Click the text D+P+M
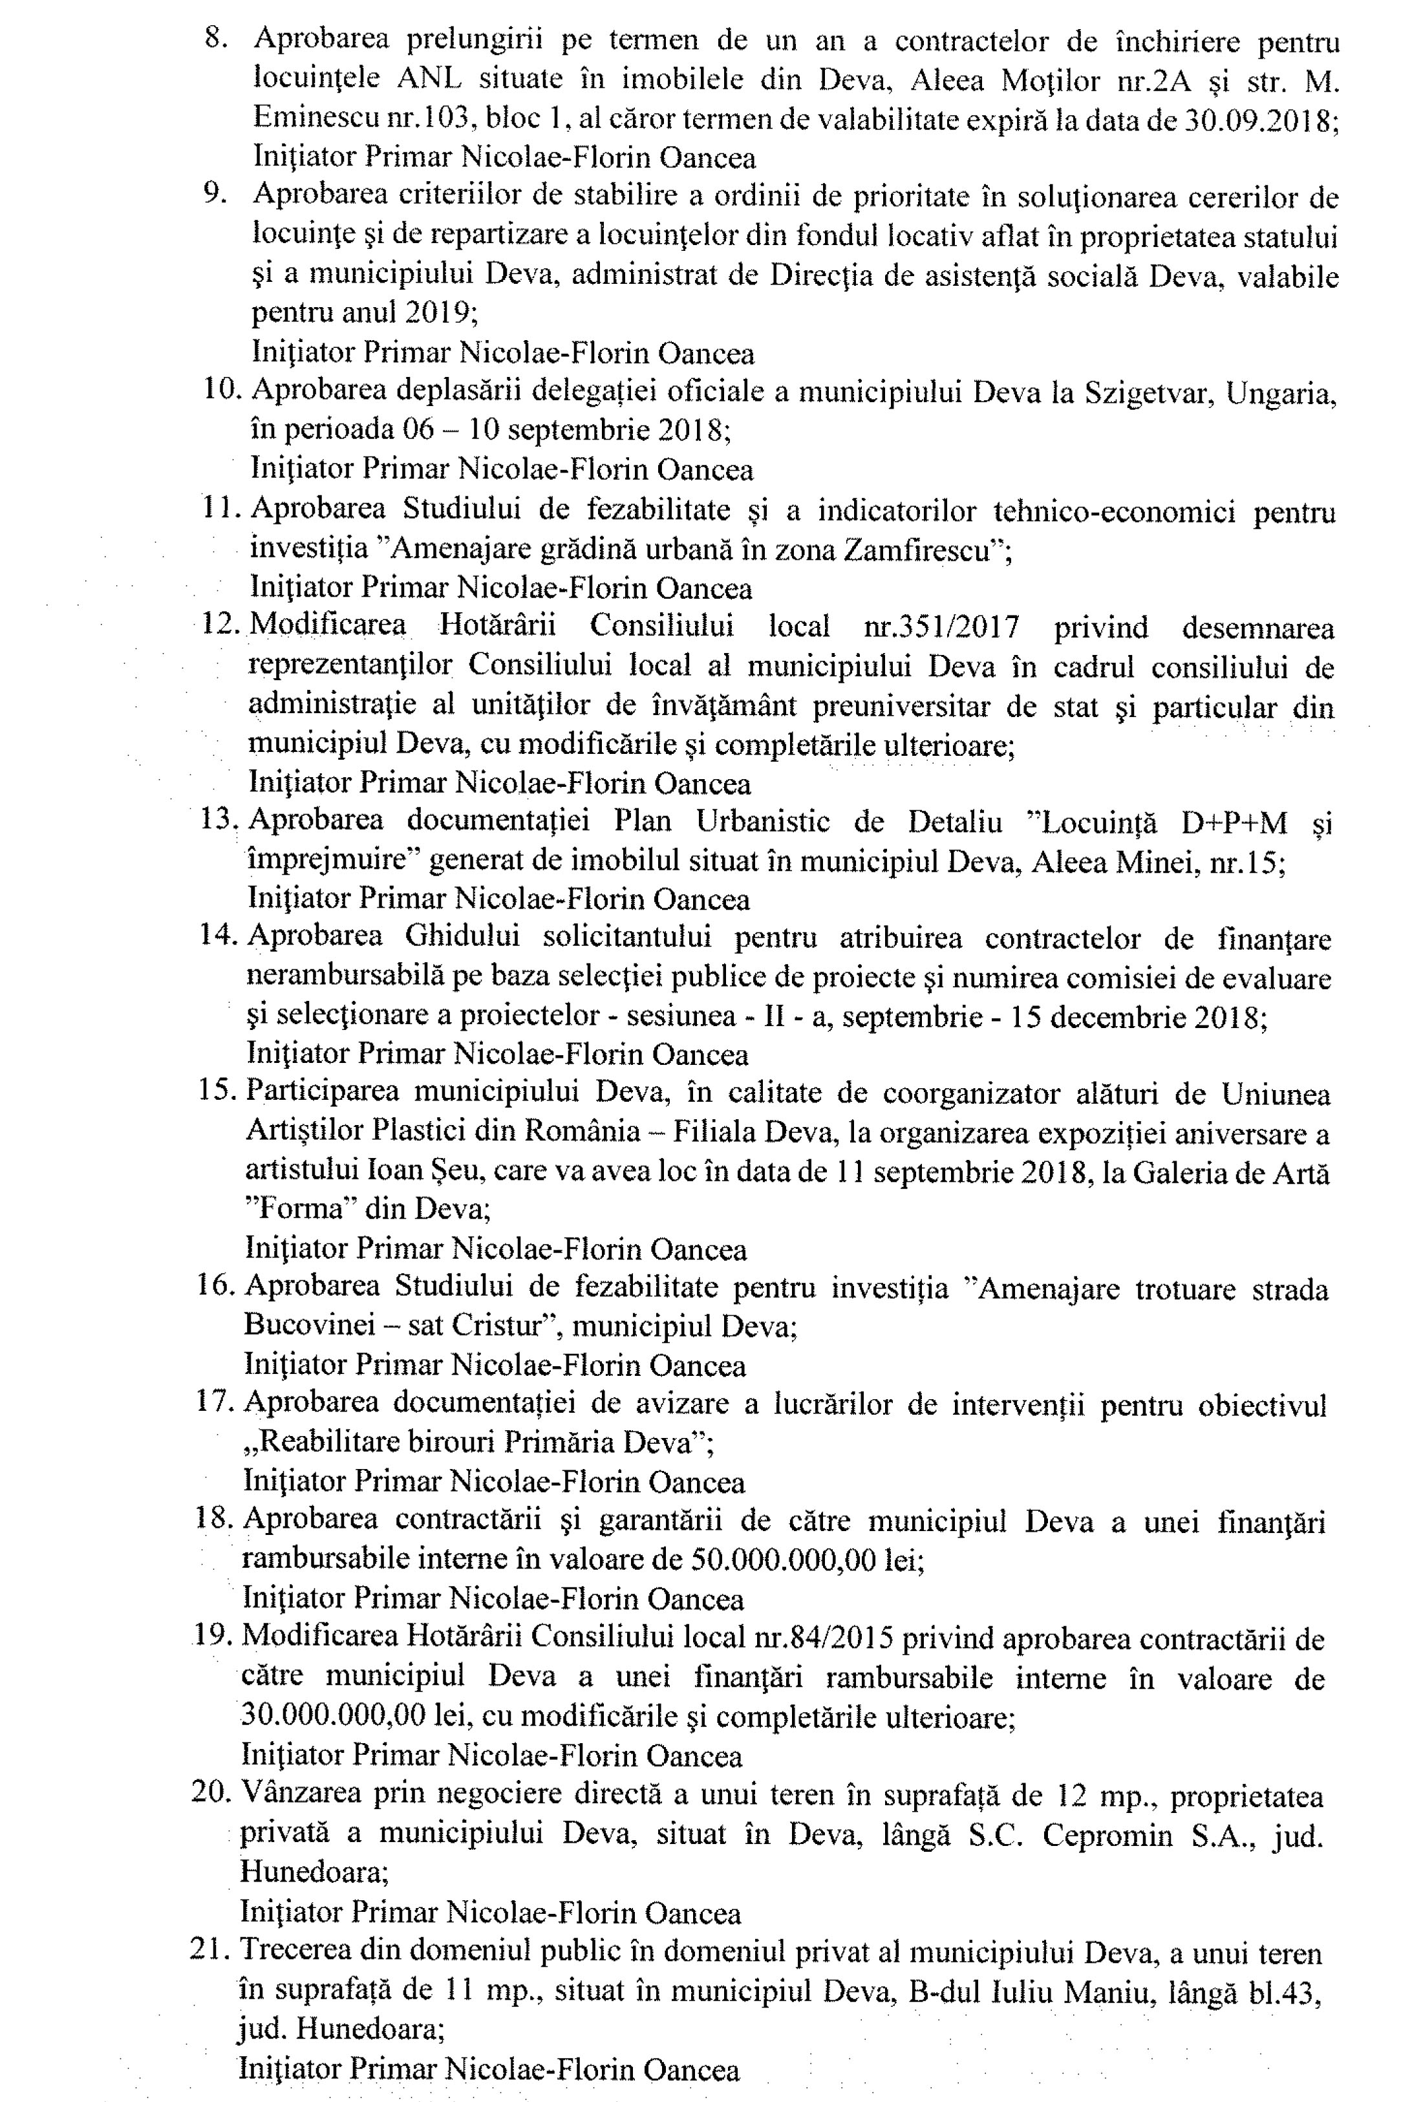(x=1234, y=822)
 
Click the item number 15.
(x=216, y=1093)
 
